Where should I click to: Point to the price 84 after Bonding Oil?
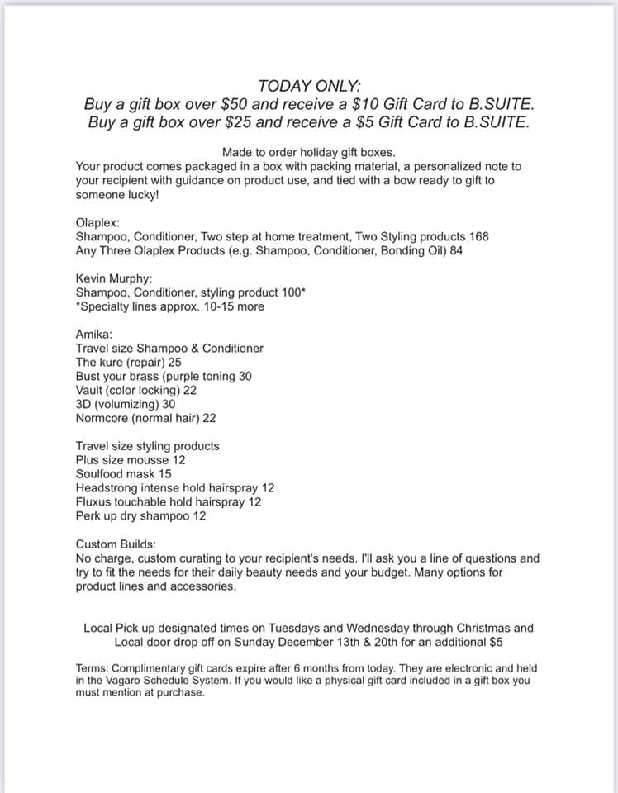click(x=455, y=250)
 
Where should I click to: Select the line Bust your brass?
click(x=164, y=376)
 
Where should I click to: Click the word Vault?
click(x=91, y=390)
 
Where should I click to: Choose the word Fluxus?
click(x=94, y=502)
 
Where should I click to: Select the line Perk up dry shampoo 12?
click(x=141, y=516)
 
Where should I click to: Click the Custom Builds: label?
click(x=116, y=544)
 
